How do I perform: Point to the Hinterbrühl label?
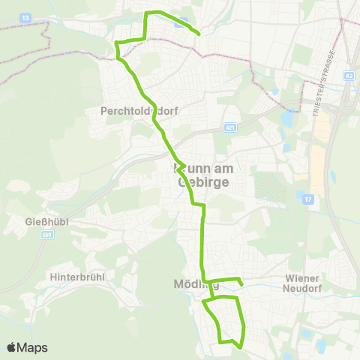pyautogui.click(x=76, y=277)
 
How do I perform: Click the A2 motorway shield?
pyautogui.click(x=349, y=75)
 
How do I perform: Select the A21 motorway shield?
pyautogui.click(x=229, y=128)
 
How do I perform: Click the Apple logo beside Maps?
pyautogui.click(x=12, y=347)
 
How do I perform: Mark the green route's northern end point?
pyautogui.click(x=198, y=34)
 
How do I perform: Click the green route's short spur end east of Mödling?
pyautogui.click(x=241, y=284)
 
